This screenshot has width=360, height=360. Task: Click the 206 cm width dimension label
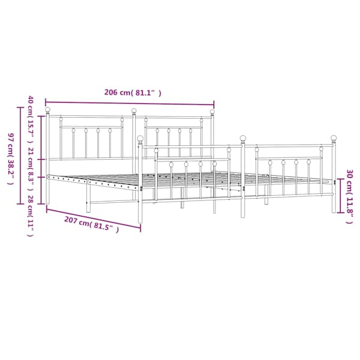[133, 92]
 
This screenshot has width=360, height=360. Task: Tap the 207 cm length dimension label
[91, 224]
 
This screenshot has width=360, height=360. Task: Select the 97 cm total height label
[11, 159]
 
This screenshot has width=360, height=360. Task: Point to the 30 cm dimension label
[349, 197]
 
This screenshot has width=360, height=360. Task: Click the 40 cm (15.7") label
[31, 119]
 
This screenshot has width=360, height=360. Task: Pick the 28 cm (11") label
[31, 216]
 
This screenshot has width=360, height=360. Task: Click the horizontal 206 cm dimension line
[130, 103]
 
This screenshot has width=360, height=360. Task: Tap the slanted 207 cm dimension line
[94, 218]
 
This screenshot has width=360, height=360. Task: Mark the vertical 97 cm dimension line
[20, 155]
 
